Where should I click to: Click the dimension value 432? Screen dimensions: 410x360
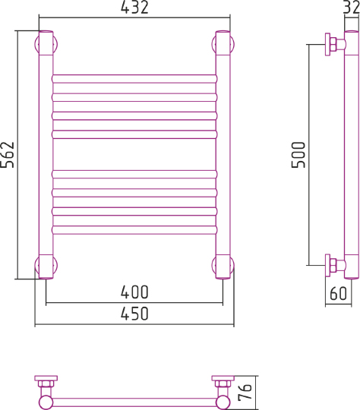(x=134, y=9)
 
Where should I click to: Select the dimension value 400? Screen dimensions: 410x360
(x=134, y=292)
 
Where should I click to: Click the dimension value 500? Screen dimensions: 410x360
(x=298, y=155)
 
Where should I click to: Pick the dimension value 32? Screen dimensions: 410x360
(x=349, y=8)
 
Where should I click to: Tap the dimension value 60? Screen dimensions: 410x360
(x=338, y=292)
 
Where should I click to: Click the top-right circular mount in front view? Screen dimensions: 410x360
(x=224, y=43)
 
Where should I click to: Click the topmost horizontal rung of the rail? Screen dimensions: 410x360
(x=134, y=77)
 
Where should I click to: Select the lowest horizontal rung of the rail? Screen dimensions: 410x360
(x=134, y=229)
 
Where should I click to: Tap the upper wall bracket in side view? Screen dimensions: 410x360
(x=332, y=44)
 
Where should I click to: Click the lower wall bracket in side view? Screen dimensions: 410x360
(x=332, y=266)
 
